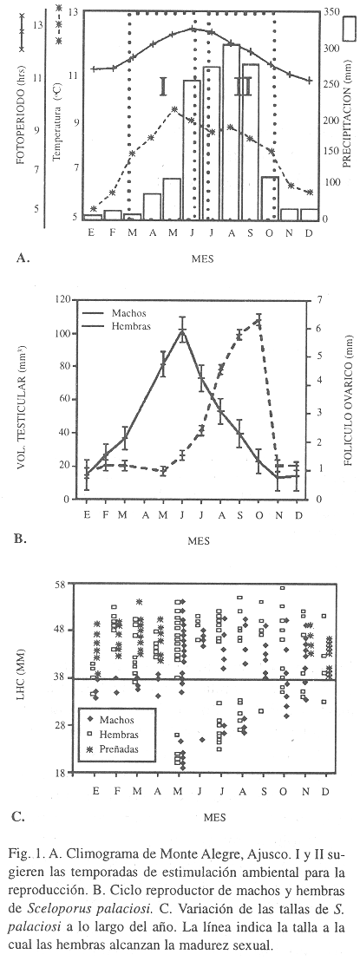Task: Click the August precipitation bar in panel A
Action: (x=232, y=132)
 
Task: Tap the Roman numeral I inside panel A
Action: (x=163, y=87)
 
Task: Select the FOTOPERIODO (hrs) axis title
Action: (x=20, y=122)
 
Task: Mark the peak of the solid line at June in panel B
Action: (x=182, y=330)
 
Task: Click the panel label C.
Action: (x=18, y=816)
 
